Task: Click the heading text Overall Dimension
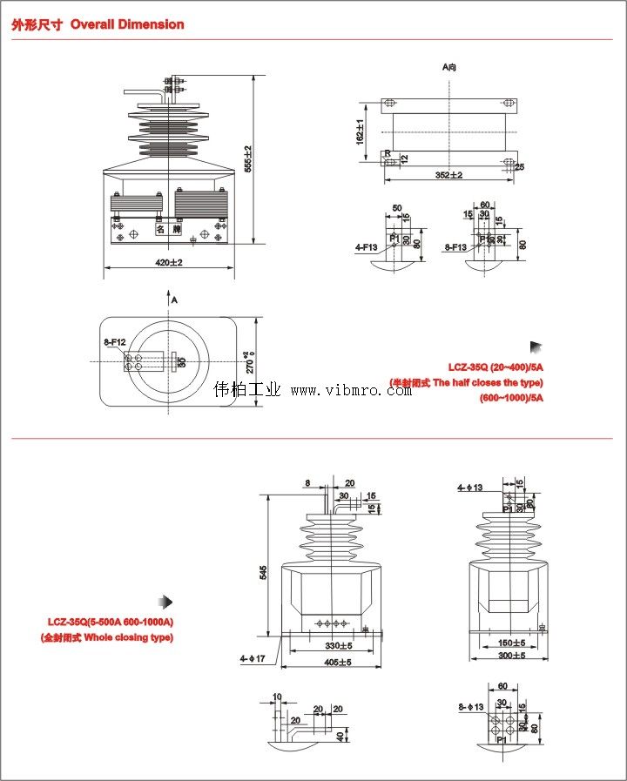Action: pyautogui.click(x=127, y=24)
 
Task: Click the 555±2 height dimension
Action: pyautogui.click(x=248, y=158)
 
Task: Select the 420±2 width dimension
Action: pyautogui.click(x=168, y=262)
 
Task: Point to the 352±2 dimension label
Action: pyautogui.click(x=449, y=175)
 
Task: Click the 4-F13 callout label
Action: pyautogui.click(x=367, y=247)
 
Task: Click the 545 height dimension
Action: pyautogui.click(x=264, y=573)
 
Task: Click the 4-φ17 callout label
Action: pyautogui.click(x=253, y=659)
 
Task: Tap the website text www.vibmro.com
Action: pyautogui.click(x=351, y=391)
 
